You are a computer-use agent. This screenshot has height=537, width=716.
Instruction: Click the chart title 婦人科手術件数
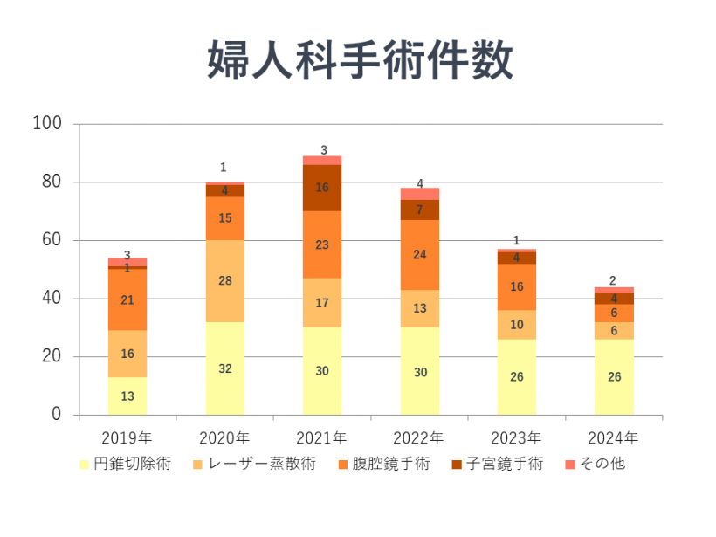(359, 59)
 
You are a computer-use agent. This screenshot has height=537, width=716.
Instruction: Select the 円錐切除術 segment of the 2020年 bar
(224, 368)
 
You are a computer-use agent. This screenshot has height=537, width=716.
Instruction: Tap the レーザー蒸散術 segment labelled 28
(224, 280)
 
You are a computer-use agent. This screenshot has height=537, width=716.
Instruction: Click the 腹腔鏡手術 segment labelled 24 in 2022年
(420, 255)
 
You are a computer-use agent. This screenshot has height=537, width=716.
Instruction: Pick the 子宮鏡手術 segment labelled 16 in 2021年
(322, 188)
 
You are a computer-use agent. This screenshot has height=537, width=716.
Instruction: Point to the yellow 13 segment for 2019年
(127, 396)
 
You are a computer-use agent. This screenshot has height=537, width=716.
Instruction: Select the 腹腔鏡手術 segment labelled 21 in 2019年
(127, 300)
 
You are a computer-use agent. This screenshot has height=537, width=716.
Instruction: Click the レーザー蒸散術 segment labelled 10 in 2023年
(517, 325)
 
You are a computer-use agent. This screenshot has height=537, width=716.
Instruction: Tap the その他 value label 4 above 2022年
(420, 184)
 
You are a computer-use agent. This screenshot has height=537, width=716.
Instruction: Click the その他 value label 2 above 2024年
(614, 281)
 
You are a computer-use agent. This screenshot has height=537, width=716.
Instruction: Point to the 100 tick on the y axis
(47, 124)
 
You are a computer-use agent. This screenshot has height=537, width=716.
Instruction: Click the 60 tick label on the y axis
(52, 240)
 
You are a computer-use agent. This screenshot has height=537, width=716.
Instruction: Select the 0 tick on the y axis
(57, 414)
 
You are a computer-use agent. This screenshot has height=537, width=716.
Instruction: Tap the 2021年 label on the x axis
(322, 437)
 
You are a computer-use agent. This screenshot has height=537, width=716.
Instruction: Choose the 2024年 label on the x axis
(614, 437)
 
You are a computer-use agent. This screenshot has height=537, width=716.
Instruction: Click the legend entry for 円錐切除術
(127, 465)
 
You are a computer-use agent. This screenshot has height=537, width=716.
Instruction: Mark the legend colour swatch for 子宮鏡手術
(457, 465)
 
